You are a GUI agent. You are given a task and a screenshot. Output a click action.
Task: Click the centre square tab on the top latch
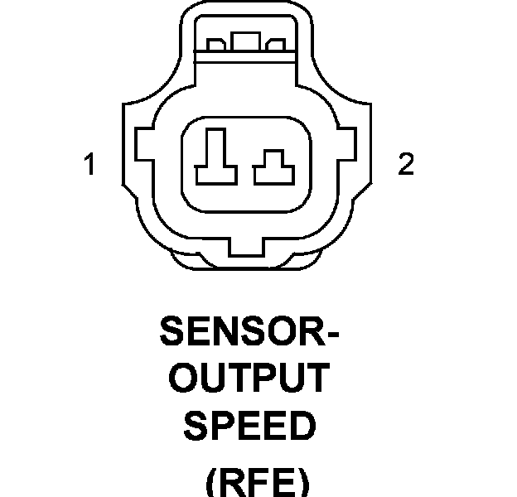coord(245,42)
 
